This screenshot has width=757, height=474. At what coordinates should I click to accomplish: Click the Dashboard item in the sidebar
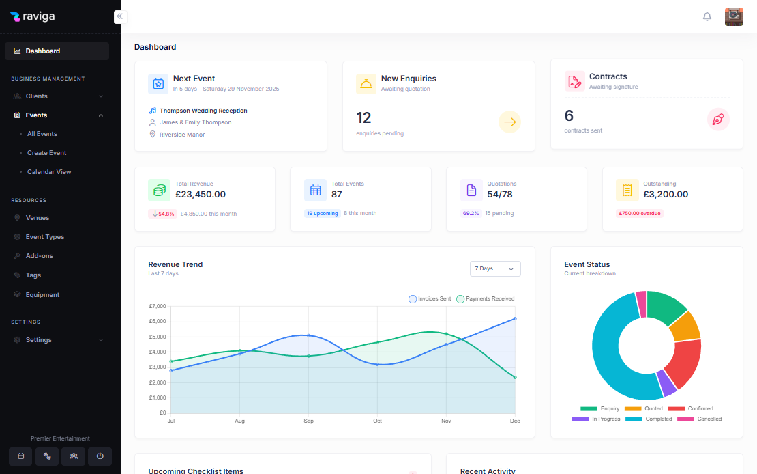(x=42, y=51)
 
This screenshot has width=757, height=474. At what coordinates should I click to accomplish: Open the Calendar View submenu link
(x=49, y=172)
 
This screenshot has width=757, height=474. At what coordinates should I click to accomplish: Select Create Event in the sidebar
(x=46, y=153)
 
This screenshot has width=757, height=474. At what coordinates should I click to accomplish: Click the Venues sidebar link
(x=38, y=218)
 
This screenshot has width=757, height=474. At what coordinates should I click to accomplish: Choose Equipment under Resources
(x=42, y=295)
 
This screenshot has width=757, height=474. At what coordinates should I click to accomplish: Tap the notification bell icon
(x=707, y=17)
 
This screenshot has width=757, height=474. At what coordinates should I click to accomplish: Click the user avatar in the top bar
(x=734, y=17)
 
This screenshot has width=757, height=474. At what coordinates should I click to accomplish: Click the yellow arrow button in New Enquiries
(x=509, y=122)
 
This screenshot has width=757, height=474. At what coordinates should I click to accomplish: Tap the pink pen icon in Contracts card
(x=718, y=120)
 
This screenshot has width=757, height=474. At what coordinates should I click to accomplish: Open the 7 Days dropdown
(x=495, y=269)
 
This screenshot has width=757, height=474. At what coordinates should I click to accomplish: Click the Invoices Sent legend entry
(x=430, y=299)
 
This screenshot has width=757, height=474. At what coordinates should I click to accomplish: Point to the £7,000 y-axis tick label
(x=158, y=306)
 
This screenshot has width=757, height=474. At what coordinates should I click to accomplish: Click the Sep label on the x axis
(x=308, y=421)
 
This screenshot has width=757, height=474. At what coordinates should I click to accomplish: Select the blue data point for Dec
(x=515, y=319)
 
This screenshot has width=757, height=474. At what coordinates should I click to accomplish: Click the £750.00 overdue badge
(x=639, y=213)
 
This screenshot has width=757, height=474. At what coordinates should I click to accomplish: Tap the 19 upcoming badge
(x=322, y=213)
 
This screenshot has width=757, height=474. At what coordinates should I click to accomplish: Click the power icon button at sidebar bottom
(x=100, y=456)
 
